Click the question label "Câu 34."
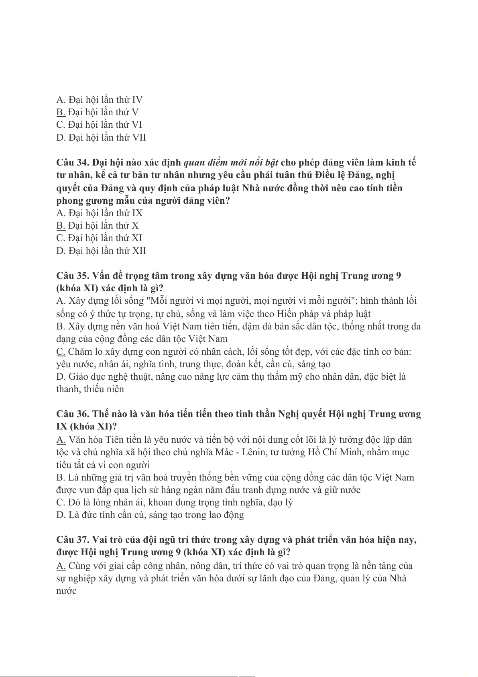73,163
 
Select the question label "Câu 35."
73,276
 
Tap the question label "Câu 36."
73,414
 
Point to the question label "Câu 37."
73,540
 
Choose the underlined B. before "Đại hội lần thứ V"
61,112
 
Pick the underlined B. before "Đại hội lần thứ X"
61,225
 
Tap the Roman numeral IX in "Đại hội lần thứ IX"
137,213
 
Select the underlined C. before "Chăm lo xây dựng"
61,352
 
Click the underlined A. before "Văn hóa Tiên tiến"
61,440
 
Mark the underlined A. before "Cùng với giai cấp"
61,566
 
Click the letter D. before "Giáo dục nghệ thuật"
61,377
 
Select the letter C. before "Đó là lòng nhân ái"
61,503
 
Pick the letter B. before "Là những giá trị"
61,478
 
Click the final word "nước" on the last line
66,591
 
